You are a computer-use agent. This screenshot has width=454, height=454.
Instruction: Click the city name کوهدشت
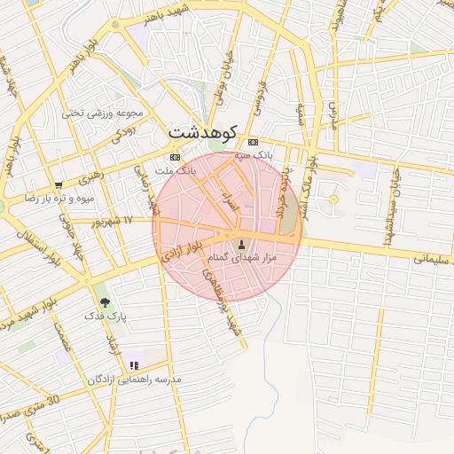pyautogui.click(x=204, y=132)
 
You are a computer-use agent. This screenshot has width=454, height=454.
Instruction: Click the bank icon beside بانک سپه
pyautogui.click(x=254, y=142)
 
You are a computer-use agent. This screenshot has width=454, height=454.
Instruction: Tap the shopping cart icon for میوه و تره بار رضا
pyautogui.click(x=59, y=185)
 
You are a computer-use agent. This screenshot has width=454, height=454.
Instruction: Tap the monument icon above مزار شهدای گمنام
pyautogui.click(x=241, y=243)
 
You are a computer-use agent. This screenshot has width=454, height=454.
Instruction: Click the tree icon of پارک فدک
pyautogui.click(x=106, y=302)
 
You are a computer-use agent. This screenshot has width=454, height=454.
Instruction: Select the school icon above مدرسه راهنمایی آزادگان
pyautogui.click(x=134, y=364)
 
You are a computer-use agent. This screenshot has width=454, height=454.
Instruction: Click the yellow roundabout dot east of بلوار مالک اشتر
pyautogui.click(x=333, y=200)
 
